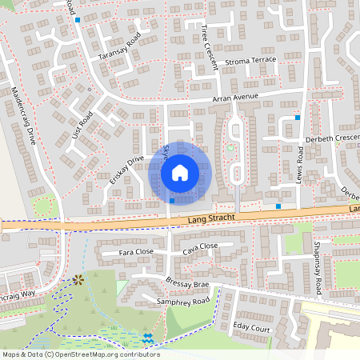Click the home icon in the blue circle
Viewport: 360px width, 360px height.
(180, 172)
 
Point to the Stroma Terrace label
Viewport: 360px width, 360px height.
(250, 60)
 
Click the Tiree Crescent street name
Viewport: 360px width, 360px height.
(210, 47)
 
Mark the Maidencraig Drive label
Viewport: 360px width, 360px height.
(23, 116)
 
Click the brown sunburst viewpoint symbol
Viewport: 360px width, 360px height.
(78, 280)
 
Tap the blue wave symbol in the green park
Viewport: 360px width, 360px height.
(148, 338)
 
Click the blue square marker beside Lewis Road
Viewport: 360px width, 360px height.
(298, 118)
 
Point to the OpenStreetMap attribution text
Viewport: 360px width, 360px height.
(80, 354)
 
